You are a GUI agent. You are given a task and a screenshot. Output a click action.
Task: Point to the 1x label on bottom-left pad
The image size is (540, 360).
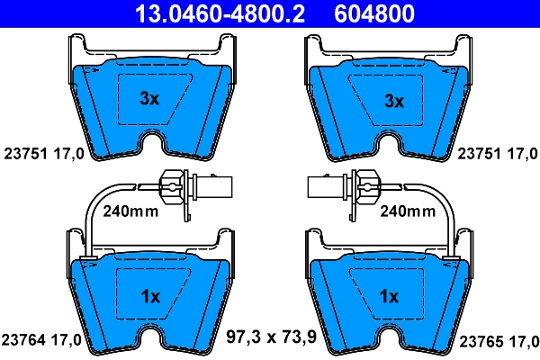tap(150, 295)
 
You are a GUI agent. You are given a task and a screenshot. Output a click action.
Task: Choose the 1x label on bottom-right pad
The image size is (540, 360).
tap(389, 295)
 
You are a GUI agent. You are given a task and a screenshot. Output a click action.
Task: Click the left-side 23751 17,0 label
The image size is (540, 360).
tap(44, 154)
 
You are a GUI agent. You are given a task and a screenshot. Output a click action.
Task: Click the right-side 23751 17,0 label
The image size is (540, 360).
tap(496, 154)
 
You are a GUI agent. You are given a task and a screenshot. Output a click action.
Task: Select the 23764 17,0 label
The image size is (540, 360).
tap(44, 340)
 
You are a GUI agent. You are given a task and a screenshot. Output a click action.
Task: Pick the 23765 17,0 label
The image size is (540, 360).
tap(499, 340)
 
